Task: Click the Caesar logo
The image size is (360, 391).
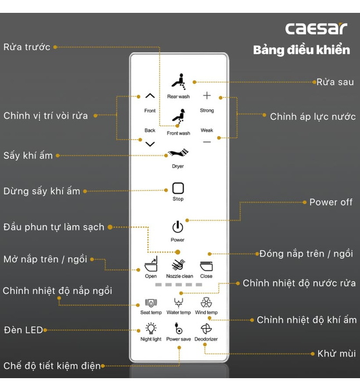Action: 316,28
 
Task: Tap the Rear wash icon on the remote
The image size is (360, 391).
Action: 178,82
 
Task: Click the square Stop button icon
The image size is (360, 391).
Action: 178,188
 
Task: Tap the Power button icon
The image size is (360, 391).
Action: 177,227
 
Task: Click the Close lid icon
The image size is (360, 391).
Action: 207,265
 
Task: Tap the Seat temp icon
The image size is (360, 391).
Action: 151,303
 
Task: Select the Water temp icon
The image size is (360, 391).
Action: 179,303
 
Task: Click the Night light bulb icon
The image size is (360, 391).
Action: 151,329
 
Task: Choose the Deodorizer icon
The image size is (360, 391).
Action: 207,329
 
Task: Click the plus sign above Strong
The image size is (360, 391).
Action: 207,96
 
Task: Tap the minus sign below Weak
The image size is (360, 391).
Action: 207,142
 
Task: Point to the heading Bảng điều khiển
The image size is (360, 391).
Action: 301,50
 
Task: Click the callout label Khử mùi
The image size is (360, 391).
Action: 337,354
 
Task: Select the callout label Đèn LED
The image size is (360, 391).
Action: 23,330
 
